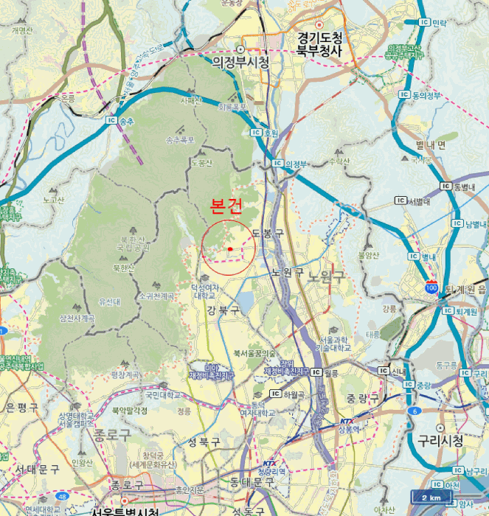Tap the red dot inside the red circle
coord(230,249)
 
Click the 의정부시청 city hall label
coord(240,61)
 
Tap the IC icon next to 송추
coord(112,121)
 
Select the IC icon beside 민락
coord(424,23)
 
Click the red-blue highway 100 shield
coord(431,287)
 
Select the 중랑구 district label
coord(361,398)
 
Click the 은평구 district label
coord(21,407)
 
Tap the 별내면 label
coord(431,144)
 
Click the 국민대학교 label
coord(163,395)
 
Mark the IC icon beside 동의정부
coord(403,94)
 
